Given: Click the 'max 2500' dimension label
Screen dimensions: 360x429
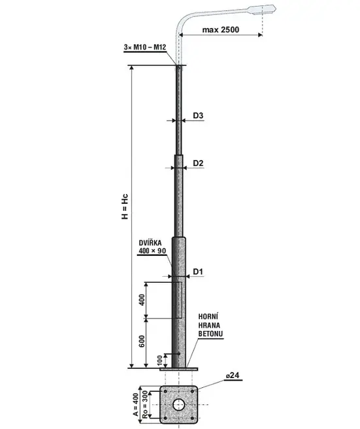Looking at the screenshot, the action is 221,29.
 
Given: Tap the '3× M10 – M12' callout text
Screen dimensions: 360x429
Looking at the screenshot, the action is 145,47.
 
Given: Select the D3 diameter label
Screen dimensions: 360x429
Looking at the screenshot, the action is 198,116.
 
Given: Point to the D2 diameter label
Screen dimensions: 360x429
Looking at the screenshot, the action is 198,163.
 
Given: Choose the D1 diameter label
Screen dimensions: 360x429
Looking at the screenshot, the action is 198,272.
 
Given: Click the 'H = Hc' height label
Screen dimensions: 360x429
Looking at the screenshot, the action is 125,206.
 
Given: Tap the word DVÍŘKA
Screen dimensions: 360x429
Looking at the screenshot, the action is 150,243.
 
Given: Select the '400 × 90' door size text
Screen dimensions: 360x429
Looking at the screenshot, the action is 152,251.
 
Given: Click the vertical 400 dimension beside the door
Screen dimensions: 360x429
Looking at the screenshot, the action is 142,300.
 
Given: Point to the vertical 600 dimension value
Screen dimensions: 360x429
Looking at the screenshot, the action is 142,341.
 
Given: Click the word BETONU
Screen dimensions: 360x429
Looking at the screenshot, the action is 210,334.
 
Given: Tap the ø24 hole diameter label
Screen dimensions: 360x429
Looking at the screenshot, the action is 233,375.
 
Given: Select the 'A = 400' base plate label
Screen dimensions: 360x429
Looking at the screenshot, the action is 136,405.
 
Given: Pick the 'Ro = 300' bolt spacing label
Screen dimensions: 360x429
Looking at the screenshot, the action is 144,405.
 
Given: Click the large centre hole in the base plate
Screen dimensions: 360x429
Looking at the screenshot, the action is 178,405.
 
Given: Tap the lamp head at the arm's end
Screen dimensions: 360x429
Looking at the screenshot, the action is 261,10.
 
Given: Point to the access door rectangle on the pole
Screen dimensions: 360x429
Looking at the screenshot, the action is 179,300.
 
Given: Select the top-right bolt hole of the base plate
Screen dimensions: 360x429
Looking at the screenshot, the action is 192,391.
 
